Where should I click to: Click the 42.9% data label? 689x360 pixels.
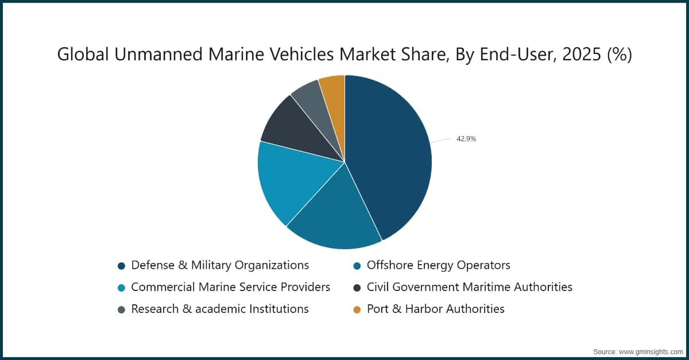[466, 138]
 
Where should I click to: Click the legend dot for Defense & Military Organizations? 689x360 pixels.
[121, 266]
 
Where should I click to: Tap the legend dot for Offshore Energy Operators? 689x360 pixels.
[357, 266]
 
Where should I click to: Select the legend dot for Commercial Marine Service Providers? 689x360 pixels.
[121, 288]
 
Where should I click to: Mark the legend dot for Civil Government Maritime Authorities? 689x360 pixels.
[357, 288]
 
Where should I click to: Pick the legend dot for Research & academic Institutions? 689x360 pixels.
[121, 309]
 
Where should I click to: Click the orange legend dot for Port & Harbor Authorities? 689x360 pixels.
[357, 309]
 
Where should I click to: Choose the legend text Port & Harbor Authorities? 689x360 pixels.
[436, 309]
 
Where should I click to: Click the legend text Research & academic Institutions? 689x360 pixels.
[220, 309]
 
